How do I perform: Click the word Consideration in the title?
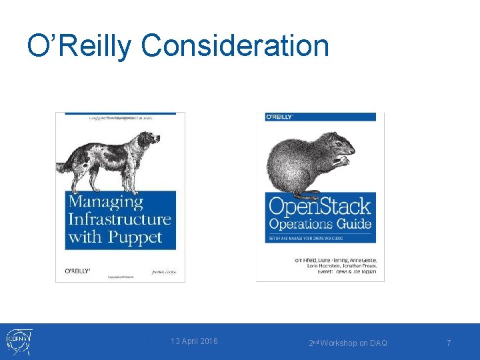(235, 46)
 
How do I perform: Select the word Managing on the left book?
(105, 202)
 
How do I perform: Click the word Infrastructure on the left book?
(120, 219)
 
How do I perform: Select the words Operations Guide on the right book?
(320, 224)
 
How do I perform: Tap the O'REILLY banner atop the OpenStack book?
(281, 117)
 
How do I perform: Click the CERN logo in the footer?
(16, 342)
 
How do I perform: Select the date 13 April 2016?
(194, 341)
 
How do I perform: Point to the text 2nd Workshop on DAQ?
(347, 343)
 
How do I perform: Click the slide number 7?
(449, 343)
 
